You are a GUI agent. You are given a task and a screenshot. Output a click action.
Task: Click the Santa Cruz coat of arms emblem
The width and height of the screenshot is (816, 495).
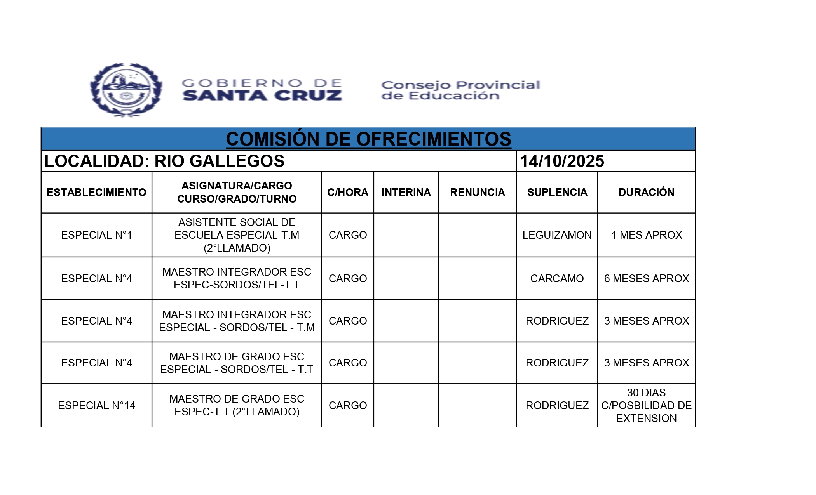[x=126, y=90]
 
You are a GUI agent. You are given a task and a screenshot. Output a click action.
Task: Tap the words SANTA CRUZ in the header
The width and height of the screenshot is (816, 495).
[x=262, y=96]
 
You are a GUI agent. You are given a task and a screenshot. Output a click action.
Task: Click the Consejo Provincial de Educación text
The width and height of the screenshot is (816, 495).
[x=460, y=90]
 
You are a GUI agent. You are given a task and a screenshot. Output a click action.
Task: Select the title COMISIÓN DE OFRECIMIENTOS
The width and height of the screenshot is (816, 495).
[x=368, y=139]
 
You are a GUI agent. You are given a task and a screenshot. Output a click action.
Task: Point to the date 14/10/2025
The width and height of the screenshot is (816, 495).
[x=562, y=161]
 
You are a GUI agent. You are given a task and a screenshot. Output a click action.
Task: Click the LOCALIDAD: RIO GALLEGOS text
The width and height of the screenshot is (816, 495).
[x=164, y=161]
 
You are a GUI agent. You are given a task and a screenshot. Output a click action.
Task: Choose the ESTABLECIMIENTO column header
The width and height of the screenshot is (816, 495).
[x=96, y=192]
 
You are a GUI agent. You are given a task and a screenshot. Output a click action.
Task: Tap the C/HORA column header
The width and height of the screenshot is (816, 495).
[x=347, y=192]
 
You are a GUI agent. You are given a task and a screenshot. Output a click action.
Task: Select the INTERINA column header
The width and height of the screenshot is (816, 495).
[x=406, y=192]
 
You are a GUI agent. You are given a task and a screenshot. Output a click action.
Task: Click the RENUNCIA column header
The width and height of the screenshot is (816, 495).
[x=477, y=192]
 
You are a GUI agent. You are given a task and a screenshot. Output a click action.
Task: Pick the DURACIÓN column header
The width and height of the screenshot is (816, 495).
[x=646, y=192]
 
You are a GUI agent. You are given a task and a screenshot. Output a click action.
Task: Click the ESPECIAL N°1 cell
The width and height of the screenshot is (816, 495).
[x=96, y=235]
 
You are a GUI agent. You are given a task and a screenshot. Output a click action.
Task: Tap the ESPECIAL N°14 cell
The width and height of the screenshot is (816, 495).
[x=96, y=405]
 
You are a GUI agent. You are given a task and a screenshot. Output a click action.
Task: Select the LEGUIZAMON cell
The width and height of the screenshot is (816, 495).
[x=557, y=235]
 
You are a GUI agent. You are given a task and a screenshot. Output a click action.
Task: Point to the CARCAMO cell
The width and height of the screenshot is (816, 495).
[x=557, y=278]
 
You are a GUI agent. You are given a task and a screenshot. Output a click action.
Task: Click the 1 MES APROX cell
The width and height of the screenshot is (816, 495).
[x=647, y=235]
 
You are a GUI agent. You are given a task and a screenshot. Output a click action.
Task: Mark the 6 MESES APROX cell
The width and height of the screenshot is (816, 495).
[x=647, y=278]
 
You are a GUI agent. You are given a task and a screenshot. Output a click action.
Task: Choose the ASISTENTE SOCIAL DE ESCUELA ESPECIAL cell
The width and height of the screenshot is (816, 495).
[x=237, y=235]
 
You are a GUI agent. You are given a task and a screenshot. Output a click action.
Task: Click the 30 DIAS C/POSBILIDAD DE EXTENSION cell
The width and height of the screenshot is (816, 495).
[x=647, y=405]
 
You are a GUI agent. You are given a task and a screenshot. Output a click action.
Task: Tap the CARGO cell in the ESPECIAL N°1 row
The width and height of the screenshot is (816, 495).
[x=347, y=235]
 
